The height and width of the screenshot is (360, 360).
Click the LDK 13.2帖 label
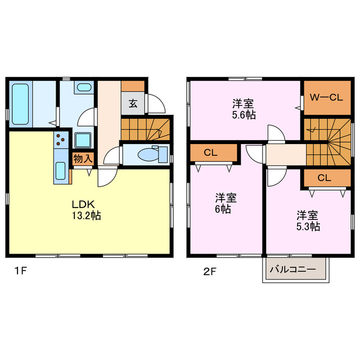coord(87,210)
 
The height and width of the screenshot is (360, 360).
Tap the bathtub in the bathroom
coord(20,104)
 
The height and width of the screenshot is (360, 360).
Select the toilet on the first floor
coord(152,155)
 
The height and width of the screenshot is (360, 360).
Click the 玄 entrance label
coord(133,103)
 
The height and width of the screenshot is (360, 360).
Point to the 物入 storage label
coord(83,159)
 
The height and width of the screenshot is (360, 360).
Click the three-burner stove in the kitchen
coord(61,139)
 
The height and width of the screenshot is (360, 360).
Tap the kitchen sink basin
coord(61,171)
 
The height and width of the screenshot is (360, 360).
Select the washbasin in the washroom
coord(84,87)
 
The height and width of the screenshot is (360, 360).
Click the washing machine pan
coord(83,140)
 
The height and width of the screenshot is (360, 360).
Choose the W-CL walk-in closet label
coord(326,98)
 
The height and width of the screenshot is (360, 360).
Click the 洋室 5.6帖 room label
coord(244,109)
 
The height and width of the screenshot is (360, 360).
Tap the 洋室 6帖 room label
coord(226,204)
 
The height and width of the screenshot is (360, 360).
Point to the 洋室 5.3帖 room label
coord(308,221)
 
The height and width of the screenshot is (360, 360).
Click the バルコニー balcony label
coord(292,269)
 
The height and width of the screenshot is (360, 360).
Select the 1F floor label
coord(21,271)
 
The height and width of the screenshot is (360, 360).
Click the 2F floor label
coord(210,272)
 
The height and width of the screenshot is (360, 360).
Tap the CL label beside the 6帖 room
coord(210,152)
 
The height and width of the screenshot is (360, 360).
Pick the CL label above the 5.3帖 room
coord(324,178)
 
